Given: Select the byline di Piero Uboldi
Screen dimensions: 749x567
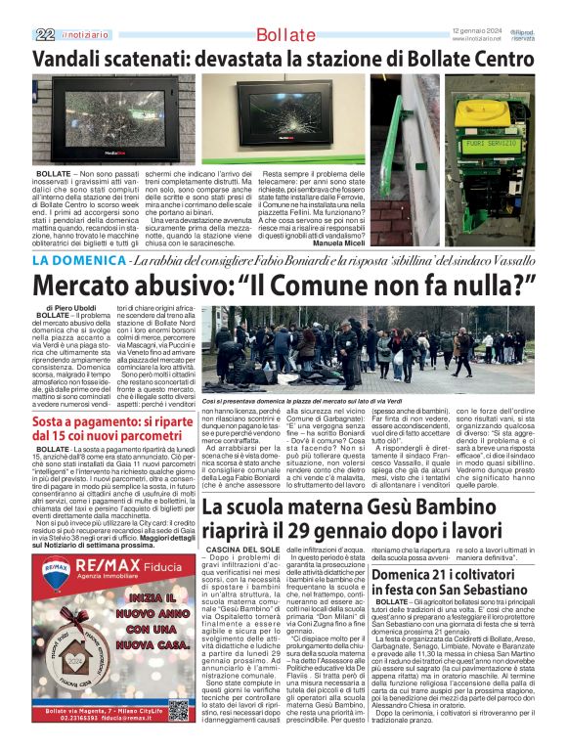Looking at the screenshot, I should tap(68, 308).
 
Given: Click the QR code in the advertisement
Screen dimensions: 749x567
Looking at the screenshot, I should tap(178, 710).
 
